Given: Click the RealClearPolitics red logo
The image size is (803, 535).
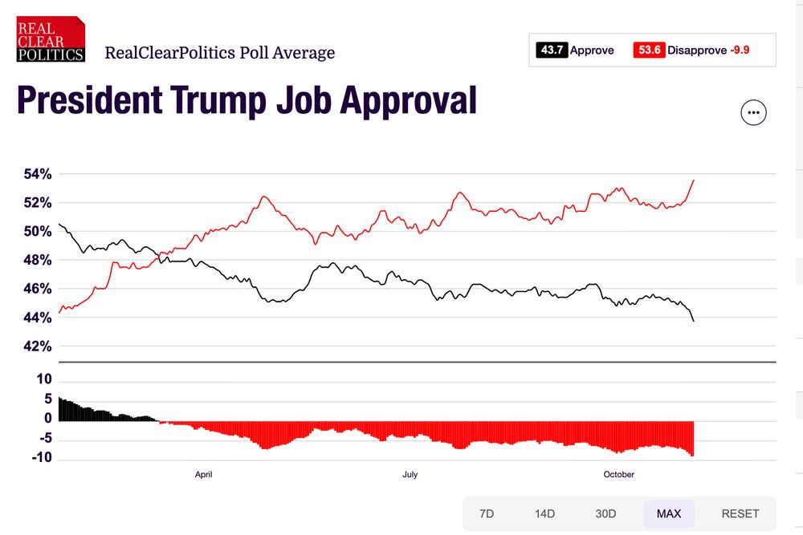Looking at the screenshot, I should tap(51, 39).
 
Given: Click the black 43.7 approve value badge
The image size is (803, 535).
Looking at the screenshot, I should tap(552, 50).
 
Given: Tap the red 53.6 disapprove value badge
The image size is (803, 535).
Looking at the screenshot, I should tap(650, 50).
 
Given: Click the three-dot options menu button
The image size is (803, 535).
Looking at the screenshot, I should tap(753, 113).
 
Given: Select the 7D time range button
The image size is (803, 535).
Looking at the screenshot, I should tap(487, 513).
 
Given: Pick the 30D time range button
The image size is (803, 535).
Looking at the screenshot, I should tap(605, 513).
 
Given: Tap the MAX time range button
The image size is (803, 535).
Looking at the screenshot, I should tap(669, 513).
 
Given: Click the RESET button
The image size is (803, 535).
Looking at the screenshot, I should tap(740, 513).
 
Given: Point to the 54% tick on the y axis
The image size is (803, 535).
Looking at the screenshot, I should tap(36, 174).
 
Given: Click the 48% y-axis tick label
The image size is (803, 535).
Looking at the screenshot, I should tap(36, 260).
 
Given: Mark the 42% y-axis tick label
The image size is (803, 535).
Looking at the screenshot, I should tap(36, 347).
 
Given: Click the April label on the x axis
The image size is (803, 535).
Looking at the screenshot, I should tap(204, 475).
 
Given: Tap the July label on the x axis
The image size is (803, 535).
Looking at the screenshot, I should tap(410, 475).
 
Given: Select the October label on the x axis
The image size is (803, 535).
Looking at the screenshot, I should tap(618, 475).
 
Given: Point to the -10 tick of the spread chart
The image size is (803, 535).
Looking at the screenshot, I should tap(41, 458).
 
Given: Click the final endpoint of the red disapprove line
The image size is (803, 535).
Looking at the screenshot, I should tap(694, 180).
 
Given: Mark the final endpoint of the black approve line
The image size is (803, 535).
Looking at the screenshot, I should tap(694, 321).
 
